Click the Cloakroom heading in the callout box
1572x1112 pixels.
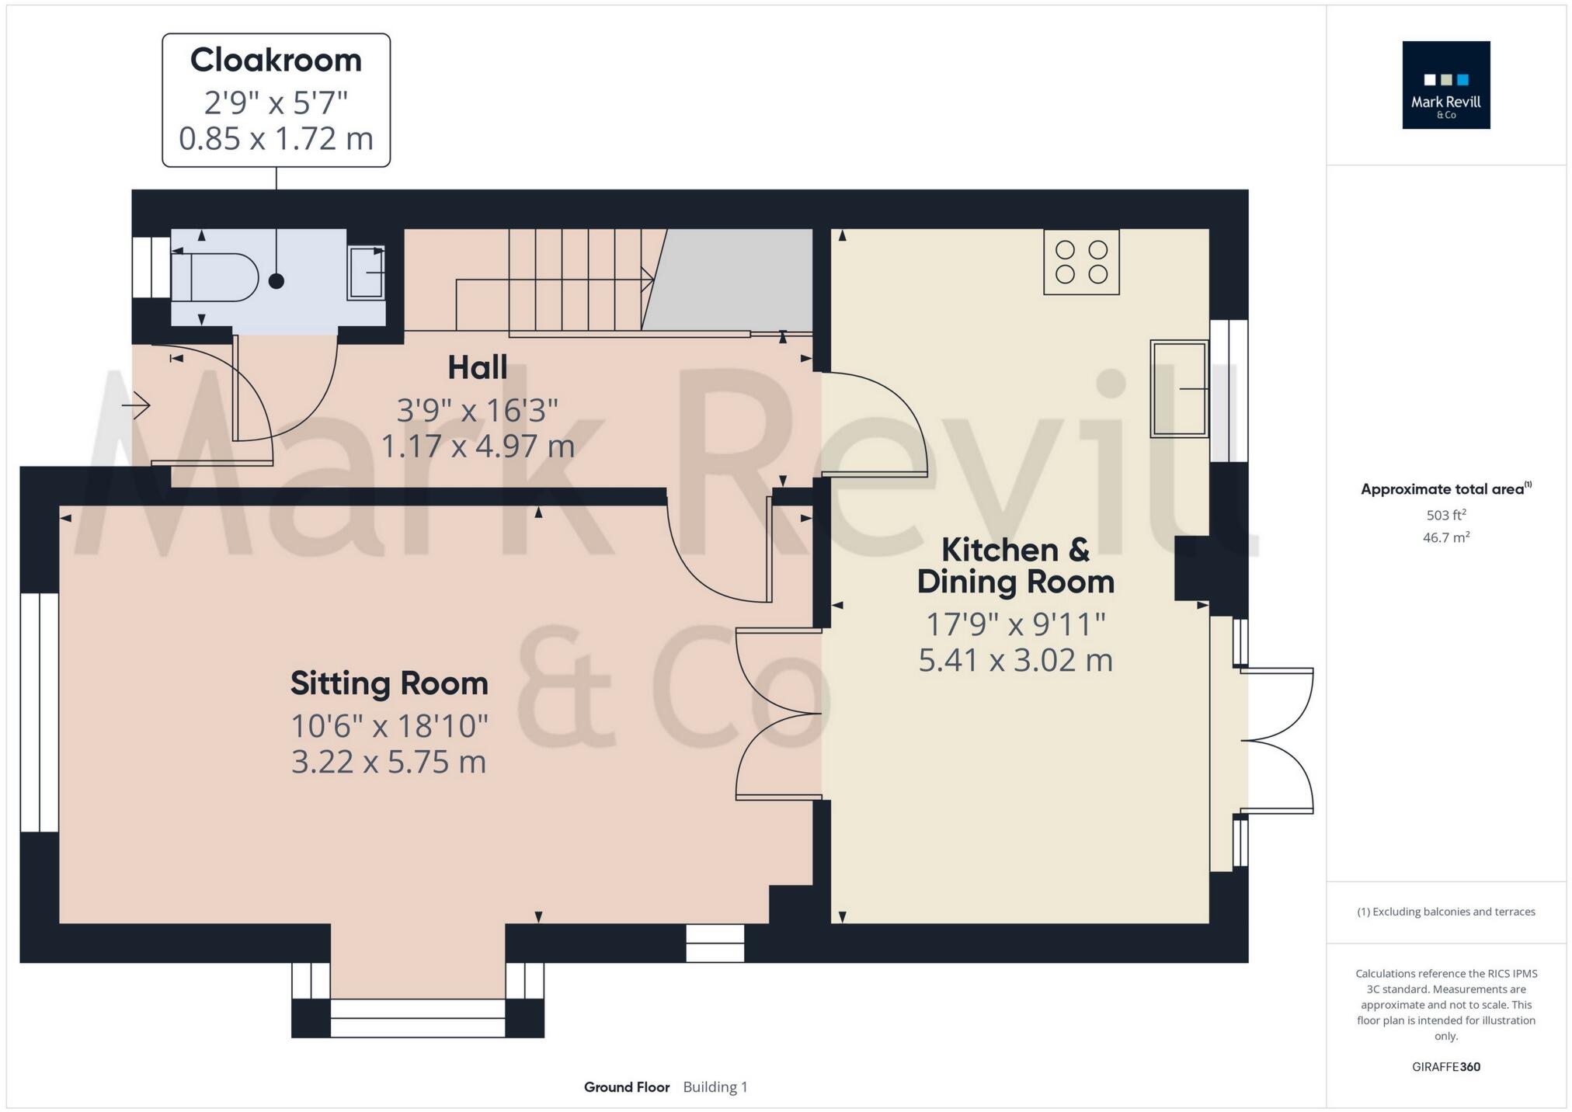point(276,61)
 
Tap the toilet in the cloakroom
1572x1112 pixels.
point(221,277)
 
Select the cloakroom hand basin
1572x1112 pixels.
point(367,273)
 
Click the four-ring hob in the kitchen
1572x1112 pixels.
point(1081,262)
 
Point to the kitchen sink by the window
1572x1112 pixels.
point(1178,388)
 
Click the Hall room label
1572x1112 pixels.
point(477,368)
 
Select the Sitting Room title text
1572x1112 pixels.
point(389,684)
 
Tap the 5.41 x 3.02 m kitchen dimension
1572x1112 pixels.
point(1015,661)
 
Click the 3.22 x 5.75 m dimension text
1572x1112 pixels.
point(388,762)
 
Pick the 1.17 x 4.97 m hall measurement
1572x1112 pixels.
point(477,447)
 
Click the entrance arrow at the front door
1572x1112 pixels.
point(137,405)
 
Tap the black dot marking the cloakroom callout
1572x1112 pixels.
point(276,281)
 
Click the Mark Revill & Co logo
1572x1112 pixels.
point(1445,85)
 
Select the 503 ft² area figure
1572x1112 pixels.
point(1445,515)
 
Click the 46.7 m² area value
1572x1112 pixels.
point(1445,537)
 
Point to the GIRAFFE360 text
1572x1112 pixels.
point(1445,1067)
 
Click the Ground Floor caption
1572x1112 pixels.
point(626,1087)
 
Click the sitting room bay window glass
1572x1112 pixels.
point(418,1017)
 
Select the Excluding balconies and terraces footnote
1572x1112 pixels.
point(1445,912)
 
